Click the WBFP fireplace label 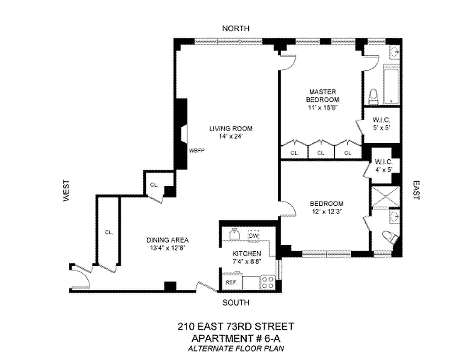[197, 151]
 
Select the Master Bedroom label [322, 95]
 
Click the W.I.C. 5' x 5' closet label [381, 124]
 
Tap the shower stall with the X [385, 196]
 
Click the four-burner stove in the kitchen [268, 282]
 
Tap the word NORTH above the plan [236, 28]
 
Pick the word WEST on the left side [67, 190]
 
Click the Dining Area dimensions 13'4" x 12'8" [168, 247]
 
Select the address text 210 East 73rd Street [236, 326]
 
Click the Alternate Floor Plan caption [236, 348]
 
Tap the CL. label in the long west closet [109, 232]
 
